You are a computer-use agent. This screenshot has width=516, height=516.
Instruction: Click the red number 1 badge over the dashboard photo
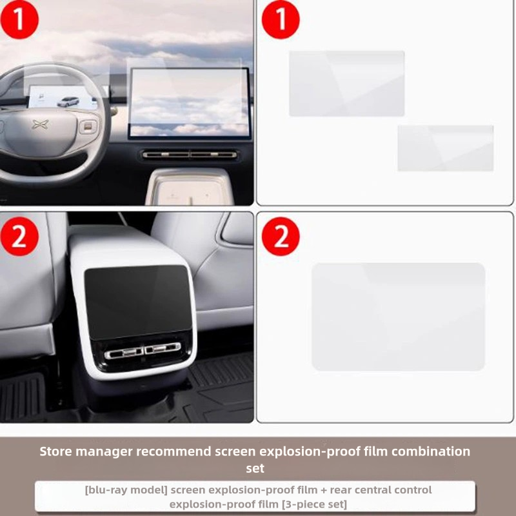tap(19, 20)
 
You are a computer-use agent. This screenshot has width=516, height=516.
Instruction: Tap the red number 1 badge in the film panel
tap(281, 20)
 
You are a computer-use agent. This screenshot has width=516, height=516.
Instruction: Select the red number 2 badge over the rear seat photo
tap(19, 236)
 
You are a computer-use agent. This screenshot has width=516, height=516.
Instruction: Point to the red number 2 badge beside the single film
tap(281, 236)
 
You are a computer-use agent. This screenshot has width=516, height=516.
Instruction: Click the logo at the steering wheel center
tap(41, 124)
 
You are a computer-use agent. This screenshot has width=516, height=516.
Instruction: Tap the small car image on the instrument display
tap(68, 102)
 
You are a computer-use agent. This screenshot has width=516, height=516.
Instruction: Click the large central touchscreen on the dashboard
tap(190, 103)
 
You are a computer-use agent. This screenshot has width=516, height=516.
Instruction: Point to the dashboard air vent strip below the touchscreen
tap(190, 154)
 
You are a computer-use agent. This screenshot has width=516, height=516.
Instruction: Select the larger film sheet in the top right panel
tap(346, 84)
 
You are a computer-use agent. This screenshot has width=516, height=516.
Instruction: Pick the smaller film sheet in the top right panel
tap(446, 148)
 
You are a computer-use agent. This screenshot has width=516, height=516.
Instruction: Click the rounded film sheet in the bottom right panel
tap(398, 317)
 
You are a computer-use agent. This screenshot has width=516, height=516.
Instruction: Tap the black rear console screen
tap(137, 302)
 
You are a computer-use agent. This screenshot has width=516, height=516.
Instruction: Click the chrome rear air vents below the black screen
tap(143, 351)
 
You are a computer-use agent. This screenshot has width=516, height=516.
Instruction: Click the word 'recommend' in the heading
tap(174, 451)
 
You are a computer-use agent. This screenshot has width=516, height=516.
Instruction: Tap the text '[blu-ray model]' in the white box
tap(126, 490)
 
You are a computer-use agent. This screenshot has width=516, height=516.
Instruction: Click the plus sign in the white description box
tap(324, 490)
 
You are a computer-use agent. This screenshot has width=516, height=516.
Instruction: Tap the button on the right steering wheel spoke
tap(88, 126)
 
